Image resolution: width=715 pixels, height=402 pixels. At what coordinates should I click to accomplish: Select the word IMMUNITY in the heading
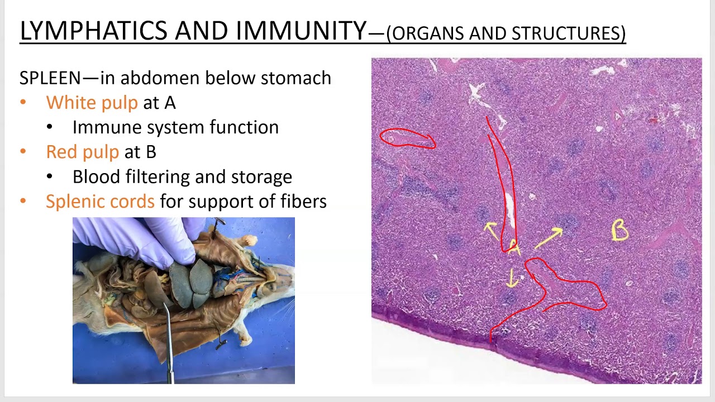[301, 31]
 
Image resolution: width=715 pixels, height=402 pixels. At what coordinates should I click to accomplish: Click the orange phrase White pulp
[92, 103]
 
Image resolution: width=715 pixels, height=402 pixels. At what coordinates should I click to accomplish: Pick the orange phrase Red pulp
[82, 152]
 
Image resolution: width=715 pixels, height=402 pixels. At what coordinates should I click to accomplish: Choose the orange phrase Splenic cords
[100, 201]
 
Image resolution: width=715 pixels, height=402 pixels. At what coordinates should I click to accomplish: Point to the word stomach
[296, 78]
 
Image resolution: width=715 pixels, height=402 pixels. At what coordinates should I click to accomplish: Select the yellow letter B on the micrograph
[620, 231]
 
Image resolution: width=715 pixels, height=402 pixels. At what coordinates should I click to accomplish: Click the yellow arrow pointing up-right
[550, 237]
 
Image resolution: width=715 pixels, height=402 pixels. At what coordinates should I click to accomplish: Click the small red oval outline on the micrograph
[407, 138]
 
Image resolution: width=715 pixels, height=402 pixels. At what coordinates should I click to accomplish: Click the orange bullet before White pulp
[23, 103]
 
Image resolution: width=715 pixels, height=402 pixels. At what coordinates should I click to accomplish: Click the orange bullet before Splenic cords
[23, 201]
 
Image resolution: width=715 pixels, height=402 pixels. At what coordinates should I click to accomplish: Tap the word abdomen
[146, 78]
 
